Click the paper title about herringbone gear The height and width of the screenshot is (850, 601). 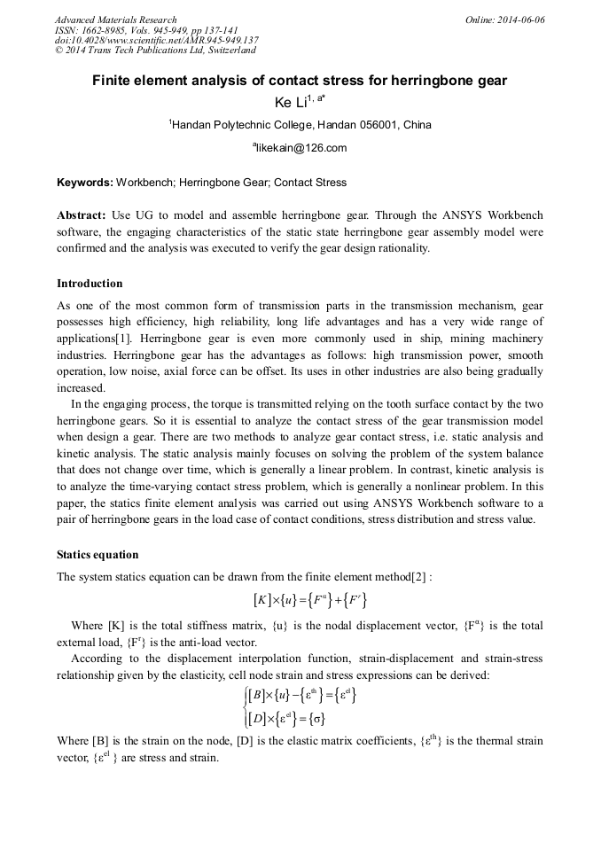[x=300, y=82]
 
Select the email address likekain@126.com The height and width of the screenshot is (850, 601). [x=300, y=148]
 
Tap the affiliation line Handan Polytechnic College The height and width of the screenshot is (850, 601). [x=300, y=125]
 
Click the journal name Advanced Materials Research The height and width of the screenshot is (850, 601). [x=115, y=19]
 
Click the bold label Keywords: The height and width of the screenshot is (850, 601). [x=85, y=183]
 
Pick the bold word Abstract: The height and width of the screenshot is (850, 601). [x=82, y=215]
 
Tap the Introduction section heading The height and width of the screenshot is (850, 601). [x=90, y=284]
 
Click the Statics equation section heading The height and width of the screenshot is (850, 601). [x=98, y=555]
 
